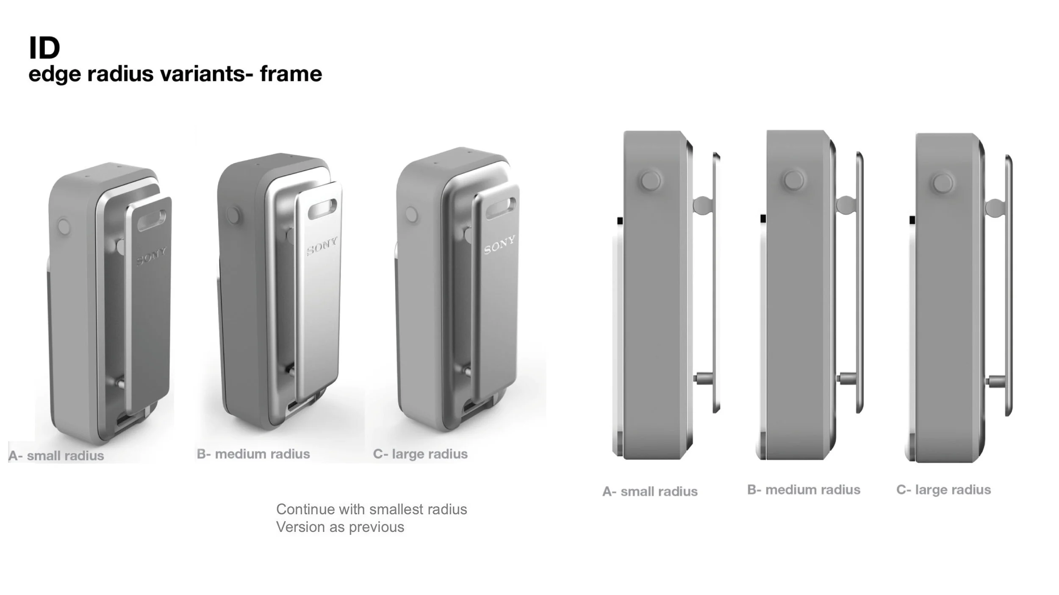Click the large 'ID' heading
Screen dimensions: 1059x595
pos(44,47)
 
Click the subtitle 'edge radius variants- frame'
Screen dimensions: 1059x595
pos(175,74)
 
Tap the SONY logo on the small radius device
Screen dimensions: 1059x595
pos(152,256)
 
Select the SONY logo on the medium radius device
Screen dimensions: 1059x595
pos(322,246)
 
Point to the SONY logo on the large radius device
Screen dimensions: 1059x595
pos(500,244)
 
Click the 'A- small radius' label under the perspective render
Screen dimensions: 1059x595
pos(56,456)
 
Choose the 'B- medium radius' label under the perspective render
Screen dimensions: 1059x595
pos(253,454)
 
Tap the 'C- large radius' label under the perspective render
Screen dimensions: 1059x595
pos(420,454)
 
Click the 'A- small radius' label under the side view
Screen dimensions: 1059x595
pos(650,491)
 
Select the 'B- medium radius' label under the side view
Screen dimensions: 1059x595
pos(804,490)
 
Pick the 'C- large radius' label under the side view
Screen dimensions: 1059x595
pos(943,490)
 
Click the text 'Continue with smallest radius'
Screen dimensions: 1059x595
pos(371,509)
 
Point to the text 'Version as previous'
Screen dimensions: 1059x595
pos(340,527)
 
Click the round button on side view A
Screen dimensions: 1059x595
pos(651,180)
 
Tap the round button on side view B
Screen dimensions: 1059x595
pos(794,180)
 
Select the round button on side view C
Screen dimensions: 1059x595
pos(943,183)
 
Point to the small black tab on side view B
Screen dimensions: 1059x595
pos(763,219)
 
